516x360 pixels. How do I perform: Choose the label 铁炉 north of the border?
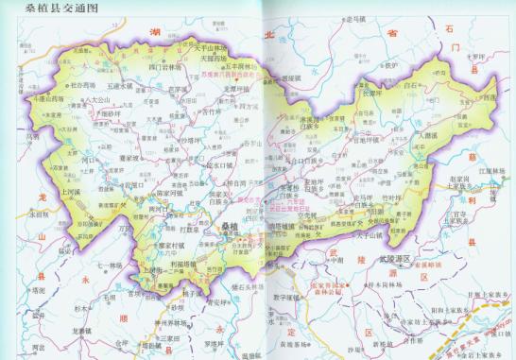(388, 65)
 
